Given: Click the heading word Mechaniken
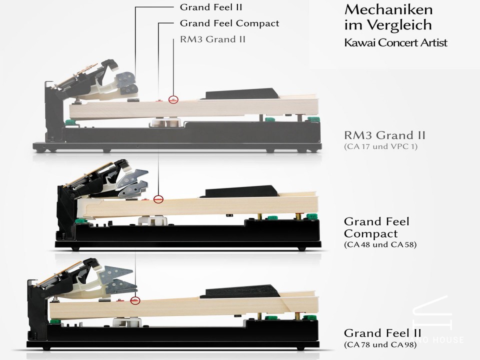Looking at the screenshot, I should pyautogui.click(x=388, y=9).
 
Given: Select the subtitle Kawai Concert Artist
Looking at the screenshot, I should pyautogui.click(x=395, y=42).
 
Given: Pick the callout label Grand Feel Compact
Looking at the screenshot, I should pyautogui.click(x=229, y=23).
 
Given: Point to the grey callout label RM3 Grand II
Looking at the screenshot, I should pyautogui.click(x=212, y=38).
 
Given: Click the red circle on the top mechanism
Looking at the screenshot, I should pyautogui.click(x=173, y=99).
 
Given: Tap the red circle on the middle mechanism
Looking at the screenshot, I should pyautogui.click(x=158, y=199).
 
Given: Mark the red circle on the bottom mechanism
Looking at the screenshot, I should pyautogui.click(x=135, y=300).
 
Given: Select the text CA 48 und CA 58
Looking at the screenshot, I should pyautogui.click(x=380, y=245).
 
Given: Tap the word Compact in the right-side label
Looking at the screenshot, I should pyautogui.click(x=363, y=233).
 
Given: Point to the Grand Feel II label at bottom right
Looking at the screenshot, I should pyautogui.click(x=382, y=333).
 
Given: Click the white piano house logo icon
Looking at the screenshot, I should pyautogui.click(x=430, y=314).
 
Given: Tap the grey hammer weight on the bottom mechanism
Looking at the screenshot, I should pyautogui.click(x=117, y=276).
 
